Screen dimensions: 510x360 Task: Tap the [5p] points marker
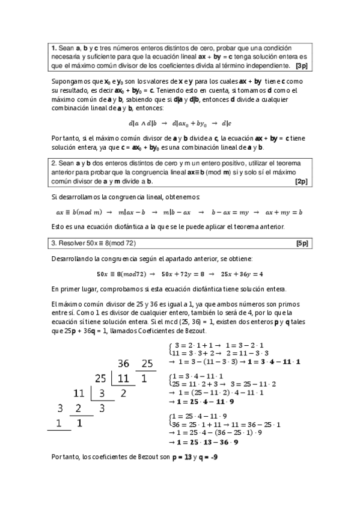tap(302, 244)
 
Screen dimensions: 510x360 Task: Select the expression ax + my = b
tap(283, 212)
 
